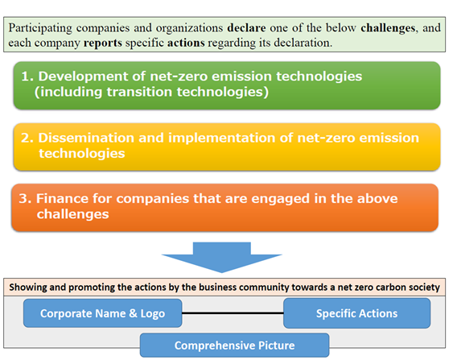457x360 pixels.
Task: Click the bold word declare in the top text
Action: (x=246, y=28)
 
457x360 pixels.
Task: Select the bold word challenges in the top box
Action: (x=388, y=28)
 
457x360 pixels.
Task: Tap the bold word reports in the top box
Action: (x=103, y=43)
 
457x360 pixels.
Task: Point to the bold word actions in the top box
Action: (x=186, y=43)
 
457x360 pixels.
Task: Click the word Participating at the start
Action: (x=40, y=28)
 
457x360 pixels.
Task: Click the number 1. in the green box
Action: (x=28, y=77)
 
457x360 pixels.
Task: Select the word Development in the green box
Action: (x=84, y=77)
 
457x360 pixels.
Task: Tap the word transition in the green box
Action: (x=139, y=92)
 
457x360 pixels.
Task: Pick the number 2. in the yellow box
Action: (x=27, y=138)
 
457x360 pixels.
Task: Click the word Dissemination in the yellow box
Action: (x=86, y=138)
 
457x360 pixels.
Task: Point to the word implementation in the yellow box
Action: (x=222, y=139)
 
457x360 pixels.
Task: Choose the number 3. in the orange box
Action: (x=26, y=199)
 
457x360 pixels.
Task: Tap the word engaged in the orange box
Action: (x=280, y=199)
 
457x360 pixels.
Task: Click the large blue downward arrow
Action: (x=222, y=257)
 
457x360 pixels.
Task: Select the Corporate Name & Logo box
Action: (x=103, y=313)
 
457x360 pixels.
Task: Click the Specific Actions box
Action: (x=356, y=313)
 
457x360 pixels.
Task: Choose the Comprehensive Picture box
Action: (x=235, y=346)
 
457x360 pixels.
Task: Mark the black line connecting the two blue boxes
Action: (x=233, y=313)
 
